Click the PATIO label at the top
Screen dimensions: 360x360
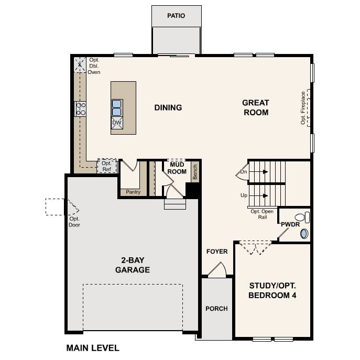pos(176,16)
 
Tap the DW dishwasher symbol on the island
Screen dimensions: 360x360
pos(116,123)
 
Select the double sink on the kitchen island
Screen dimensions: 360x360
pos(116,107)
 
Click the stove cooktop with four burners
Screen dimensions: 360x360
pos(81,108)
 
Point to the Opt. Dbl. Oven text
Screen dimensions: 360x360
pos(94,66)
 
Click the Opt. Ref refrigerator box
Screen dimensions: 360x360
pos(106,166)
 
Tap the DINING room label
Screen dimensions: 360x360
pos(168,108)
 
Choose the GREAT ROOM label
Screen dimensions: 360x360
pos(255,107)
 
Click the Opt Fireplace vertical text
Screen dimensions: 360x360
pos(303,108)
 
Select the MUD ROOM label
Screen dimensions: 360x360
pos(177,168)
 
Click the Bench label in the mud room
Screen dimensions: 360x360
pos(195,172)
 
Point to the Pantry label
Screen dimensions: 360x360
pos(133,192)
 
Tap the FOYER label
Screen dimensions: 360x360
pos(217,252)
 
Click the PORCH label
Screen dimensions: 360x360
pos(216,309)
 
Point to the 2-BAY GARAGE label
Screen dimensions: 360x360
pos(133,266)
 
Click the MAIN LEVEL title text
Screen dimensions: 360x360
pos(93,348)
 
